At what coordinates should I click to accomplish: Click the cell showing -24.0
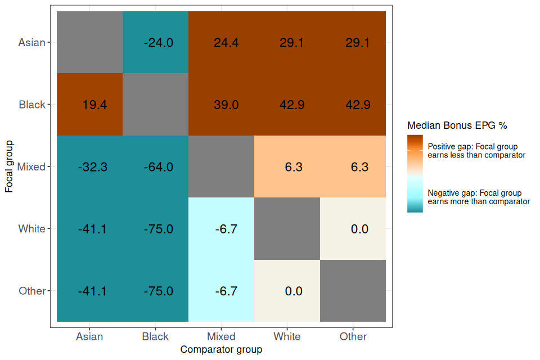tap(155, 43)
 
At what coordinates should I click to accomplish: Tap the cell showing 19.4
tap(94, 105)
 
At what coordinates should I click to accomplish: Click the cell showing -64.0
tap(155, 167)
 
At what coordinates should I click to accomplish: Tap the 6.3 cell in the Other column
tap(353, 167)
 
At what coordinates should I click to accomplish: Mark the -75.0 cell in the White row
tap(155, 229)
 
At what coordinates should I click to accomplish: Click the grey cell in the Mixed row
tap(221, 167)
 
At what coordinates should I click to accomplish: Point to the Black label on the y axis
tap(31, 105)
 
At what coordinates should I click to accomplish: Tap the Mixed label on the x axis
tap(221, 337)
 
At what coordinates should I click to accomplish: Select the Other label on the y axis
tap(31, 291)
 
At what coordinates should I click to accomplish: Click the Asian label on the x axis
tap(89, 337)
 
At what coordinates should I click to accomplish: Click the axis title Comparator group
tap(221, 350)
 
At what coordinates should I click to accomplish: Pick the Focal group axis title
tap(9, 166)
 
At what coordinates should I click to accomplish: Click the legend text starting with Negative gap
tap(478, 197)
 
